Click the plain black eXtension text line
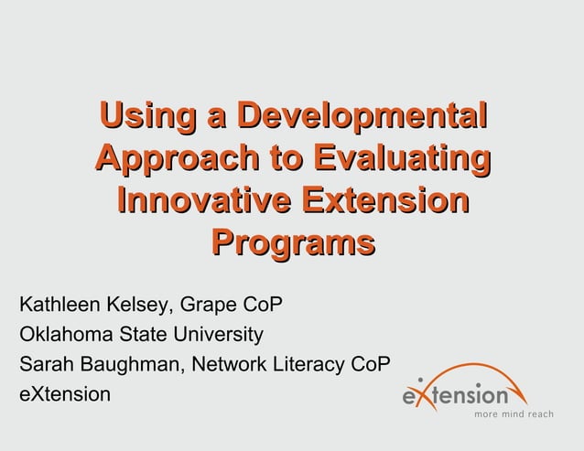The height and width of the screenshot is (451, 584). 64,394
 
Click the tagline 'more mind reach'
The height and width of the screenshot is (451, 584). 514,414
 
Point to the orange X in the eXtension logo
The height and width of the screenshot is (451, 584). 420,396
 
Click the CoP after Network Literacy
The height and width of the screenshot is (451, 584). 371,364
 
